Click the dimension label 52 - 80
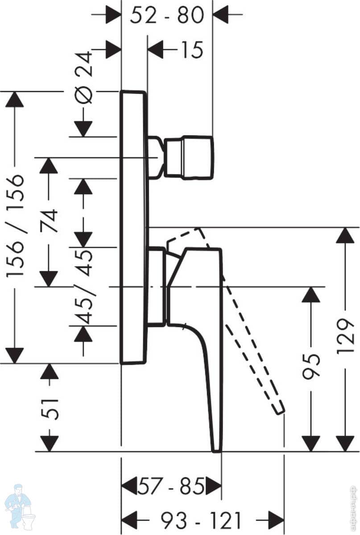pyautogui.click(x=167, y=16)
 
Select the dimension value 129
pyautogui.click(x=345, y=337)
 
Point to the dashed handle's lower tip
pyautogui.click(x=279, y=409)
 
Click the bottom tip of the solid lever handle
pyautogui.click(x=217, y=448)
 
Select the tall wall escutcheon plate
pyautogui.click(x=133, y=227)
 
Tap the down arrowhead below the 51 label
pyautogui.click(x=50, y=443)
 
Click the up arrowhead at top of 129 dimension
pyautogui.click(x=345, y=235)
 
